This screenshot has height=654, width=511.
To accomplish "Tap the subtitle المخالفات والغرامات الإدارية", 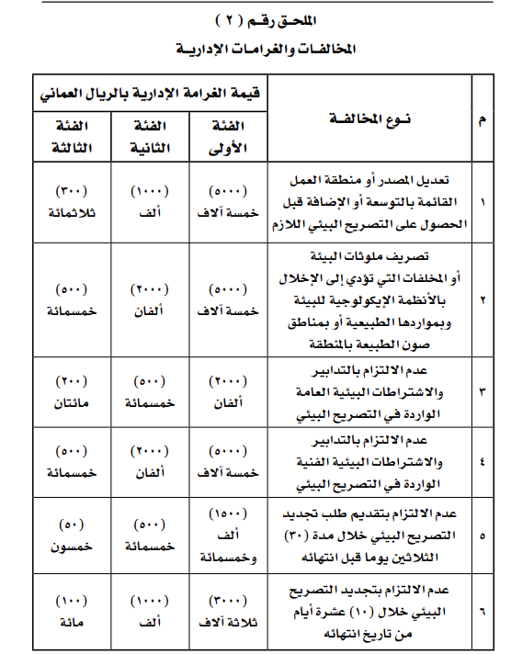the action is coord(255,47).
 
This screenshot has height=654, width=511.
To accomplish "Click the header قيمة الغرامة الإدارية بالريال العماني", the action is coord(148,92).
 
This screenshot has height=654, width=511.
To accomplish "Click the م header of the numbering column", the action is coord(483,119).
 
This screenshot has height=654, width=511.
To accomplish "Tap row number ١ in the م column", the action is coord(483,200).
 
